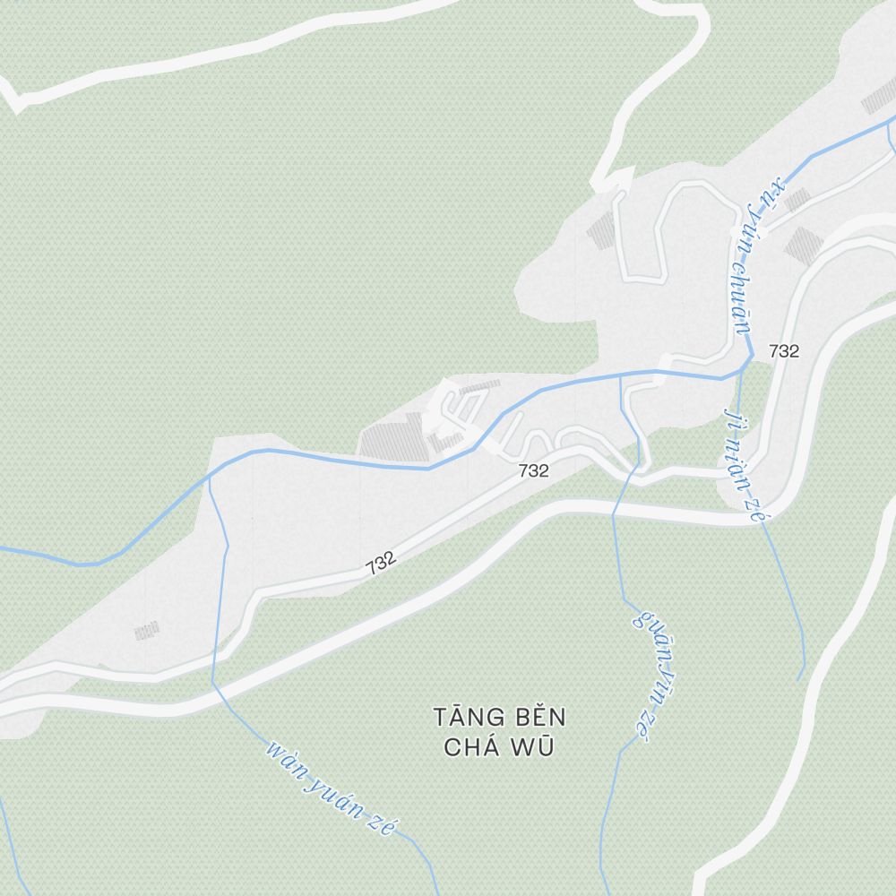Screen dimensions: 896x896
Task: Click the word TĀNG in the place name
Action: pos(462,718)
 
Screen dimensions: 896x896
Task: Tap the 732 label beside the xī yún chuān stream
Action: pos(783,352)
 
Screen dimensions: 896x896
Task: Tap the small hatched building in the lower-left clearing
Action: pos(147,632)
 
